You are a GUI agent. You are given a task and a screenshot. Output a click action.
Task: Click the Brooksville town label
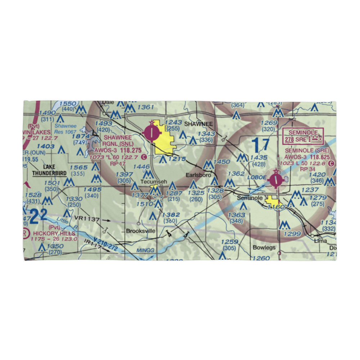(140, 231)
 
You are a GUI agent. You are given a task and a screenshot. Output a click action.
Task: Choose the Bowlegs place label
(264, 247)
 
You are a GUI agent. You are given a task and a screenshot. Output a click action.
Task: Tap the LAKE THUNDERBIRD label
(50, 170)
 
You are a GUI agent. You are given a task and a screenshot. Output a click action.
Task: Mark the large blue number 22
(38, 216)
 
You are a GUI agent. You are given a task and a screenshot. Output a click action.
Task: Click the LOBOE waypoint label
(256, 178)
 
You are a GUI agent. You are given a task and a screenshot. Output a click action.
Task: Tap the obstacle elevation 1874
(81, 136)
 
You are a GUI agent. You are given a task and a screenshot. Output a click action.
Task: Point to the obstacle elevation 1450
(222, 162)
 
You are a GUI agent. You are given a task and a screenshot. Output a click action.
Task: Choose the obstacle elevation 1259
(230, 242)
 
